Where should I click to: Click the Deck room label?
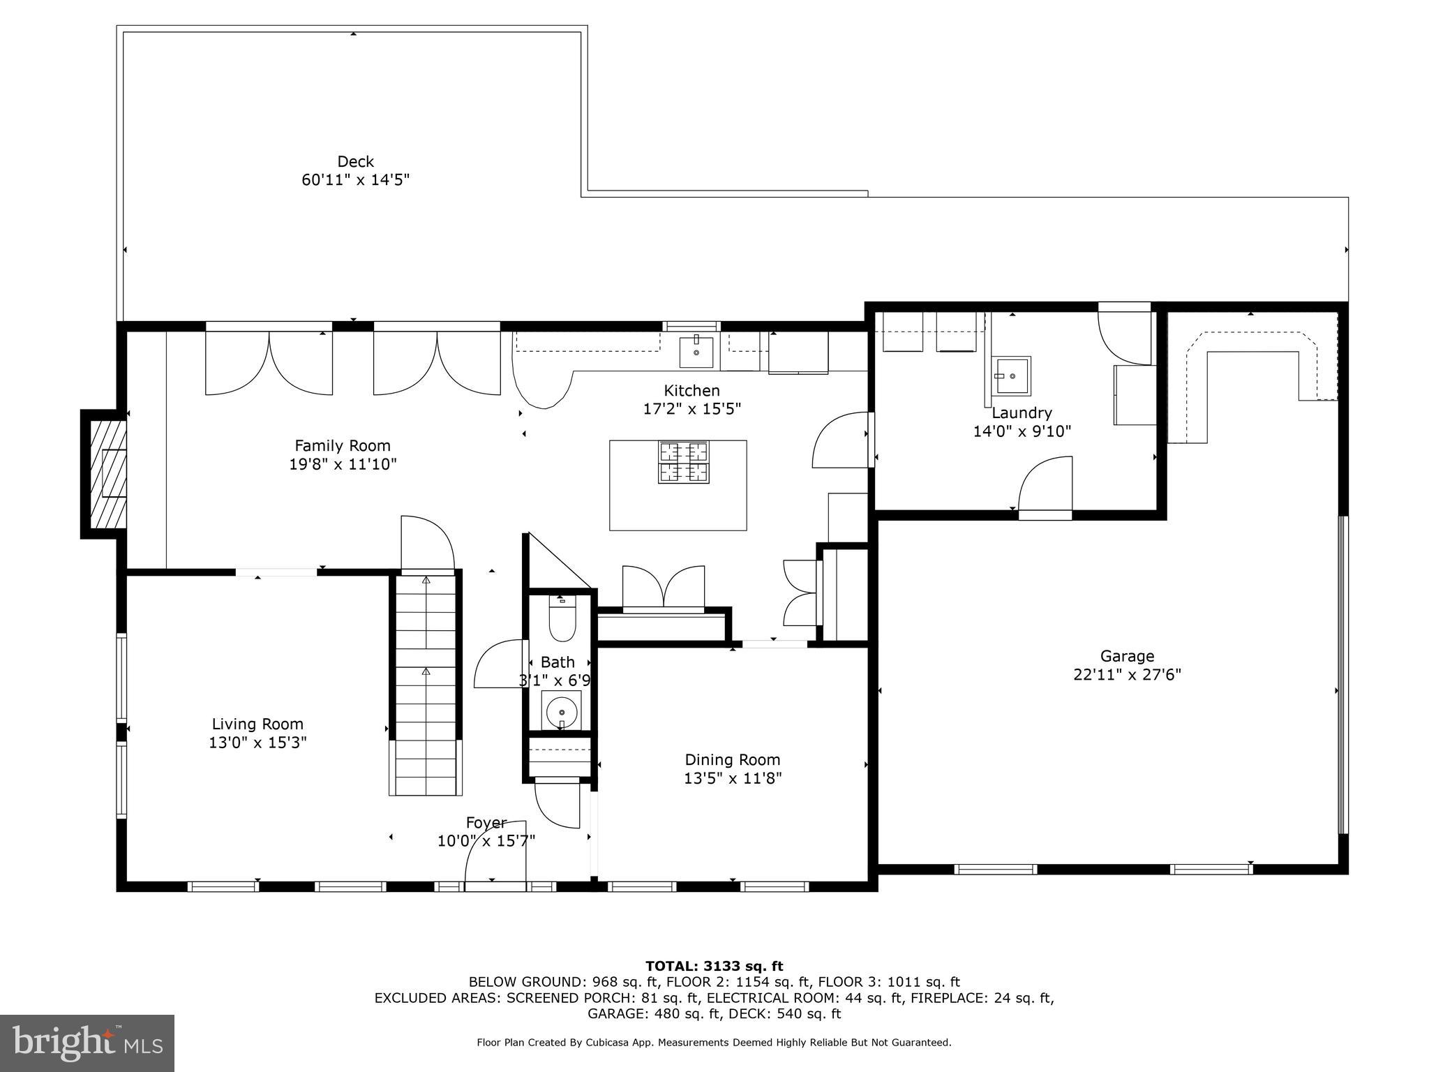point(356,161)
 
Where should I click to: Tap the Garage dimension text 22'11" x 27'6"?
point(1127,675)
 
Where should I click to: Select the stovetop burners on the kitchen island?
point(684,463)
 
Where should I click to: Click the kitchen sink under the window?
point(696,352)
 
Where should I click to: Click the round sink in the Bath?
point(561,712)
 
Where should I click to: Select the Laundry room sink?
point(1012,376)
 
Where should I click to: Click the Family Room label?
point(343,445)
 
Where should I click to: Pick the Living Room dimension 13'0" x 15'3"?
point(257,743)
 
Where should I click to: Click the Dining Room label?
point(733,759)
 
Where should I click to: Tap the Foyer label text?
point(486,824)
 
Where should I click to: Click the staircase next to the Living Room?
point(426,684)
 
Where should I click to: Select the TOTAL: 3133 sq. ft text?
point(714,966)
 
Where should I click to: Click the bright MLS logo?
point(87,1043)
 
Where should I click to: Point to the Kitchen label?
point(691,391)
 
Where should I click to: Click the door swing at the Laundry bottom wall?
point(1045,485)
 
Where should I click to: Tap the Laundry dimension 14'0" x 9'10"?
point(1022,431)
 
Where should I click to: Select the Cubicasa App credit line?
point(714,1043)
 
